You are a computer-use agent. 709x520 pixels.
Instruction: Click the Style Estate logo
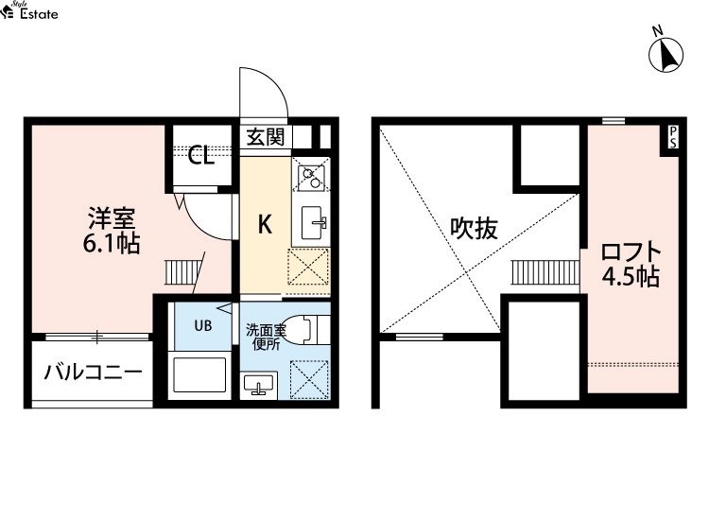(x=29, y=10)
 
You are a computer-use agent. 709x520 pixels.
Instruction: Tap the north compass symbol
(x=666, y=54)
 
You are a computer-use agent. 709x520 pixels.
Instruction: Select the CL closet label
(x=201, y=156)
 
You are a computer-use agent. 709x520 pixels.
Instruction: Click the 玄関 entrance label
(x=266, y=137)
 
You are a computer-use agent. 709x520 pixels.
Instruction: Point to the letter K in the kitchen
(x=265, y=224)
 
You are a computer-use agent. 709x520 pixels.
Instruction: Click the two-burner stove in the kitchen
(x=311, y=177)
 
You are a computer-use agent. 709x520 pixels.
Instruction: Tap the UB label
(x=203, y=325)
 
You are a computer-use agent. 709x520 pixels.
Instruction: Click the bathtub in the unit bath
(x=199, y=374)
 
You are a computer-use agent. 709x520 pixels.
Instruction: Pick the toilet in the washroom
(x=306, y=329)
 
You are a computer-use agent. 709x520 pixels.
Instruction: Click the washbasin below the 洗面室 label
(x=259, y=385)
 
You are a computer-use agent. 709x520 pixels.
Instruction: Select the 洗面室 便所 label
(x=266, y=338)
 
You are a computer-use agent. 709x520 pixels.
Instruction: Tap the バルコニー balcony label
(x=94, y=373)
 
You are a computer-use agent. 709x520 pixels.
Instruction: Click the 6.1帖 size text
(x=112, y=244)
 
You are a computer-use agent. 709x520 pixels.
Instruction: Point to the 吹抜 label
(x=474, y=229)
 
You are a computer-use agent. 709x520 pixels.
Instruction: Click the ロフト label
(x=631, y=252)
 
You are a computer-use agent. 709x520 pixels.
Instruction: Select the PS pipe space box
(x=673, y=137)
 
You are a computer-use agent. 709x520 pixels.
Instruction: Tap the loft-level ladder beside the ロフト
(x=545, y=272)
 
